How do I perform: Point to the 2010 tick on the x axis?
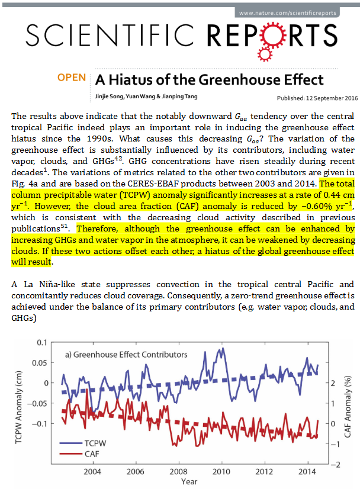click(x=222, y=471)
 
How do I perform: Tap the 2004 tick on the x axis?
click(x=92, y=471)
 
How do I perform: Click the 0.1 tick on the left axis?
click(x=40, y=342)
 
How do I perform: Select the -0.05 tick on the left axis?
click(x=37, y=403)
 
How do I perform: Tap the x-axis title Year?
click(x=189, y=482)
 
